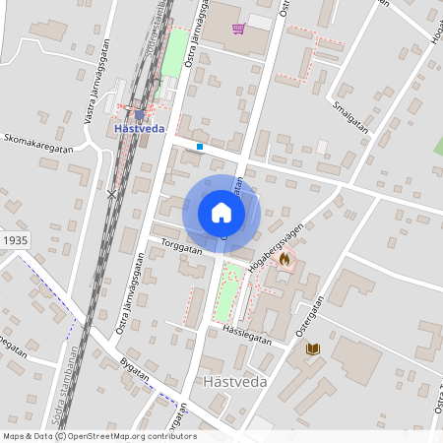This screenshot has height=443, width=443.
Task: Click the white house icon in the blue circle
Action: click(221, 213)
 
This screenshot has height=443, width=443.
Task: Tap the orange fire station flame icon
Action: click(285, 259)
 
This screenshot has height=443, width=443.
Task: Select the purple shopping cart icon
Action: click(238, 28)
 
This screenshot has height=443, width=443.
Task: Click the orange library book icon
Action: click(313, 348)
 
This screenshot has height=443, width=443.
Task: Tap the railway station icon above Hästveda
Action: click(139, 113)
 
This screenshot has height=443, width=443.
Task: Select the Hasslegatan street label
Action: click(246, 334)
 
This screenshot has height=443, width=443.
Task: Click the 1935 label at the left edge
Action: click(15, 240)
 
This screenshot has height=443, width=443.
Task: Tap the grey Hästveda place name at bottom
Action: click(228, 382)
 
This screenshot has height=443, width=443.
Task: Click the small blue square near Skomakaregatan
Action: click(200, 147)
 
